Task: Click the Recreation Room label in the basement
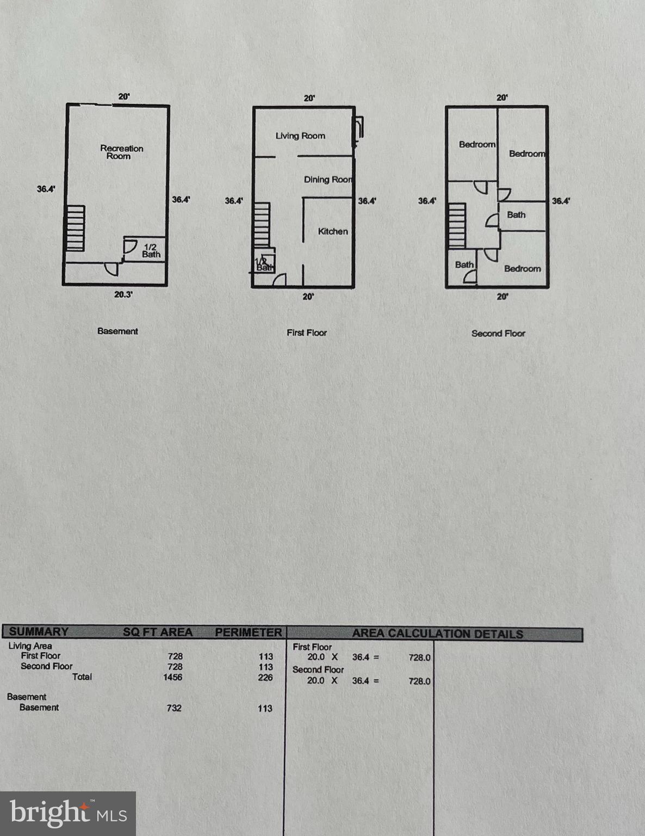[121, 152]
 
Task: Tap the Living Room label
[300, 136]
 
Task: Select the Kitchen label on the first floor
[333, 231]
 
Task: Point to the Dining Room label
[327, 180]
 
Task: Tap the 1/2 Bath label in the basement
[151, 250]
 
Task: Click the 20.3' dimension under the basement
[123, 294]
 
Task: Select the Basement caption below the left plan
[117, 331]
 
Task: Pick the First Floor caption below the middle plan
[307, 333]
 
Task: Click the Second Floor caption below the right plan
[498, 333]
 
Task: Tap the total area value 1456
[172, 677]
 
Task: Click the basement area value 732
[174, 708]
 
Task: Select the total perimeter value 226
[265, 678]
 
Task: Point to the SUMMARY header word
[39, 632]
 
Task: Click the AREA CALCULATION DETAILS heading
[437, 634]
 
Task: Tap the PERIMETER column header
[248, 632]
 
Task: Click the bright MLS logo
[68, 814]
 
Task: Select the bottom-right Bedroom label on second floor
[522, 269]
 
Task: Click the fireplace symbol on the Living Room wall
[358, 131]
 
